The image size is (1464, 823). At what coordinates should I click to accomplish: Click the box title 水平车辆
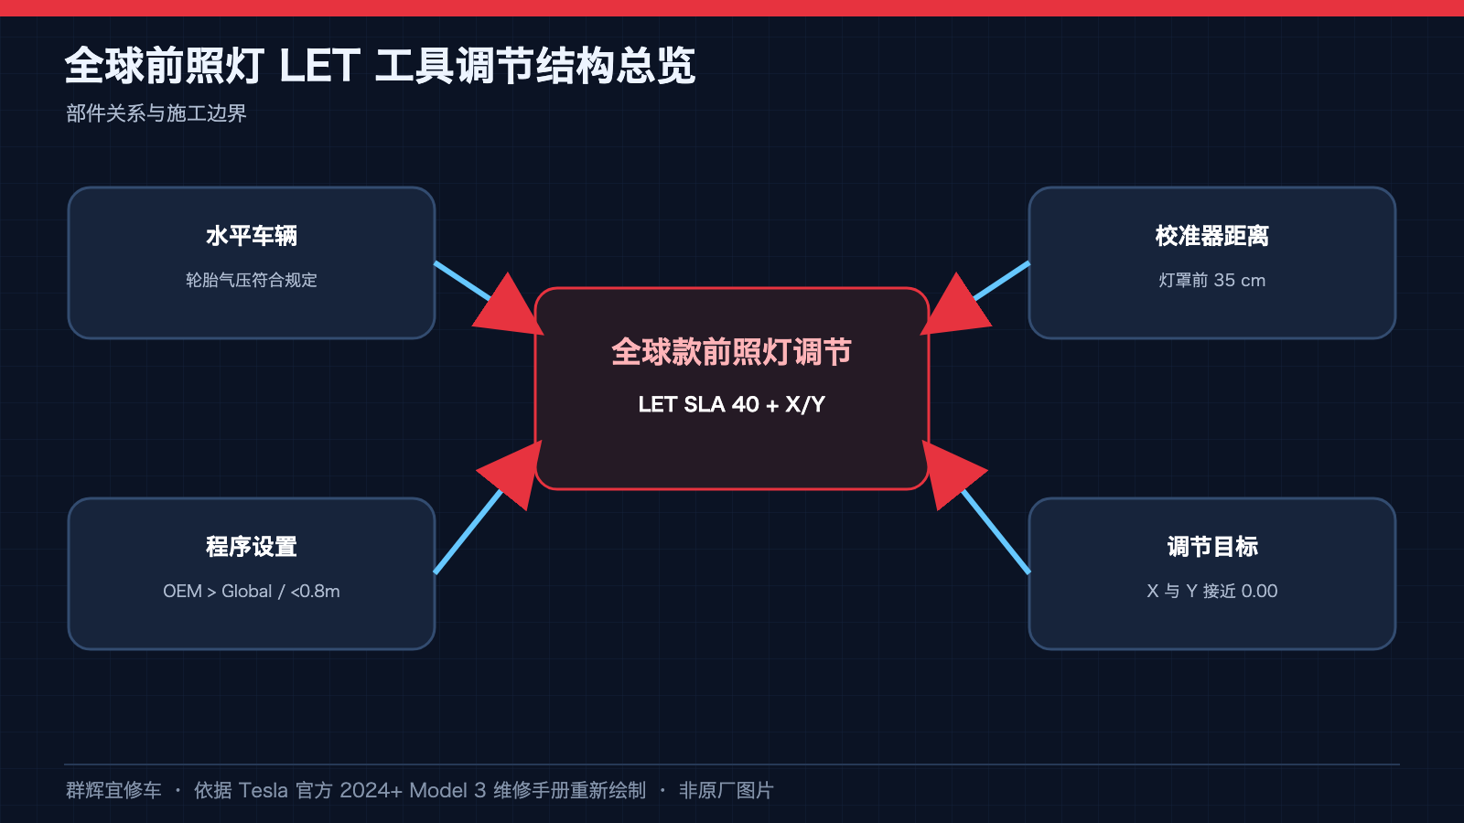[252, 236]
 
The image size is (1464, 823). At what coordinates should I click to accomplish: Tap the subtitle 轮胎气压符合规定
[252, 280]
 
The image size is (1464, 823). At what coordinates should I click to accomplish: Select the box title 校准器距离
[1211, 236]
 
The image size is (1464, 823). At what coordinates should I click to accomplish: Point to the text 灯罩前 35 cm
[1211, 280]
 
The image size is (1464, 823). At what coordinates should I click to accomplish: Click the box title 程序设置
[252, 547]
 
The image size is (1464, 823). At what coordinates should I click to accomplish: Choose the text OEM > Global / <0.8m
[252, 591]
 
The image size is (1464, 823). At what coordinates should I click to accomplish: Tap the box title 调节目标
[1212, 547]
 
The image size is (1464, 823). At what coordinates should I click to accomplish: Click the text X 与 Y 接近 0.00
[1211, 591]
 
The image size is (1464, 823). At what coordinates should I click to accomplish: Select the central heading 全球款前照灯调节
[731, 352]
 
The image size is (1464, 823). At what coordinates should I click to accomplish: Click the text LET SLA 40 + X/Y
[731, 404]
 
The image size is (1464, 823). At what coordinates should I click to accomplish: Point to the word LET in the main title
[319, 66]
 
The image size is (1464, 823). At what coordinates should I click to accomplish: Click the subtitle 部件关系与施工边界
[156, 113]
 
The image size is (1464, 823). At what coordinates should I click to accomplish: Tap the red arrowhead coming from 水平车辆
[510, 308]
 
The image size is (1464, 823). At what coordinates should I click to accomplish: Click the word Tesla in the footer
[263, 790]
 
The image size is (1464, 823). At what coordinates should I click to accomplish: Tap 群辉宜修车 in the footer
[113, 790]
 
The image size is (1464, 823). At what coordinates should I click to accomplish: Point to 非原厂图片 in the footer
[727, 790]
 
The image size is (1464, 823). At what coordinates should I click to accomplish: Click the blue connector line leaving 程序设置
[468, 531]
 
